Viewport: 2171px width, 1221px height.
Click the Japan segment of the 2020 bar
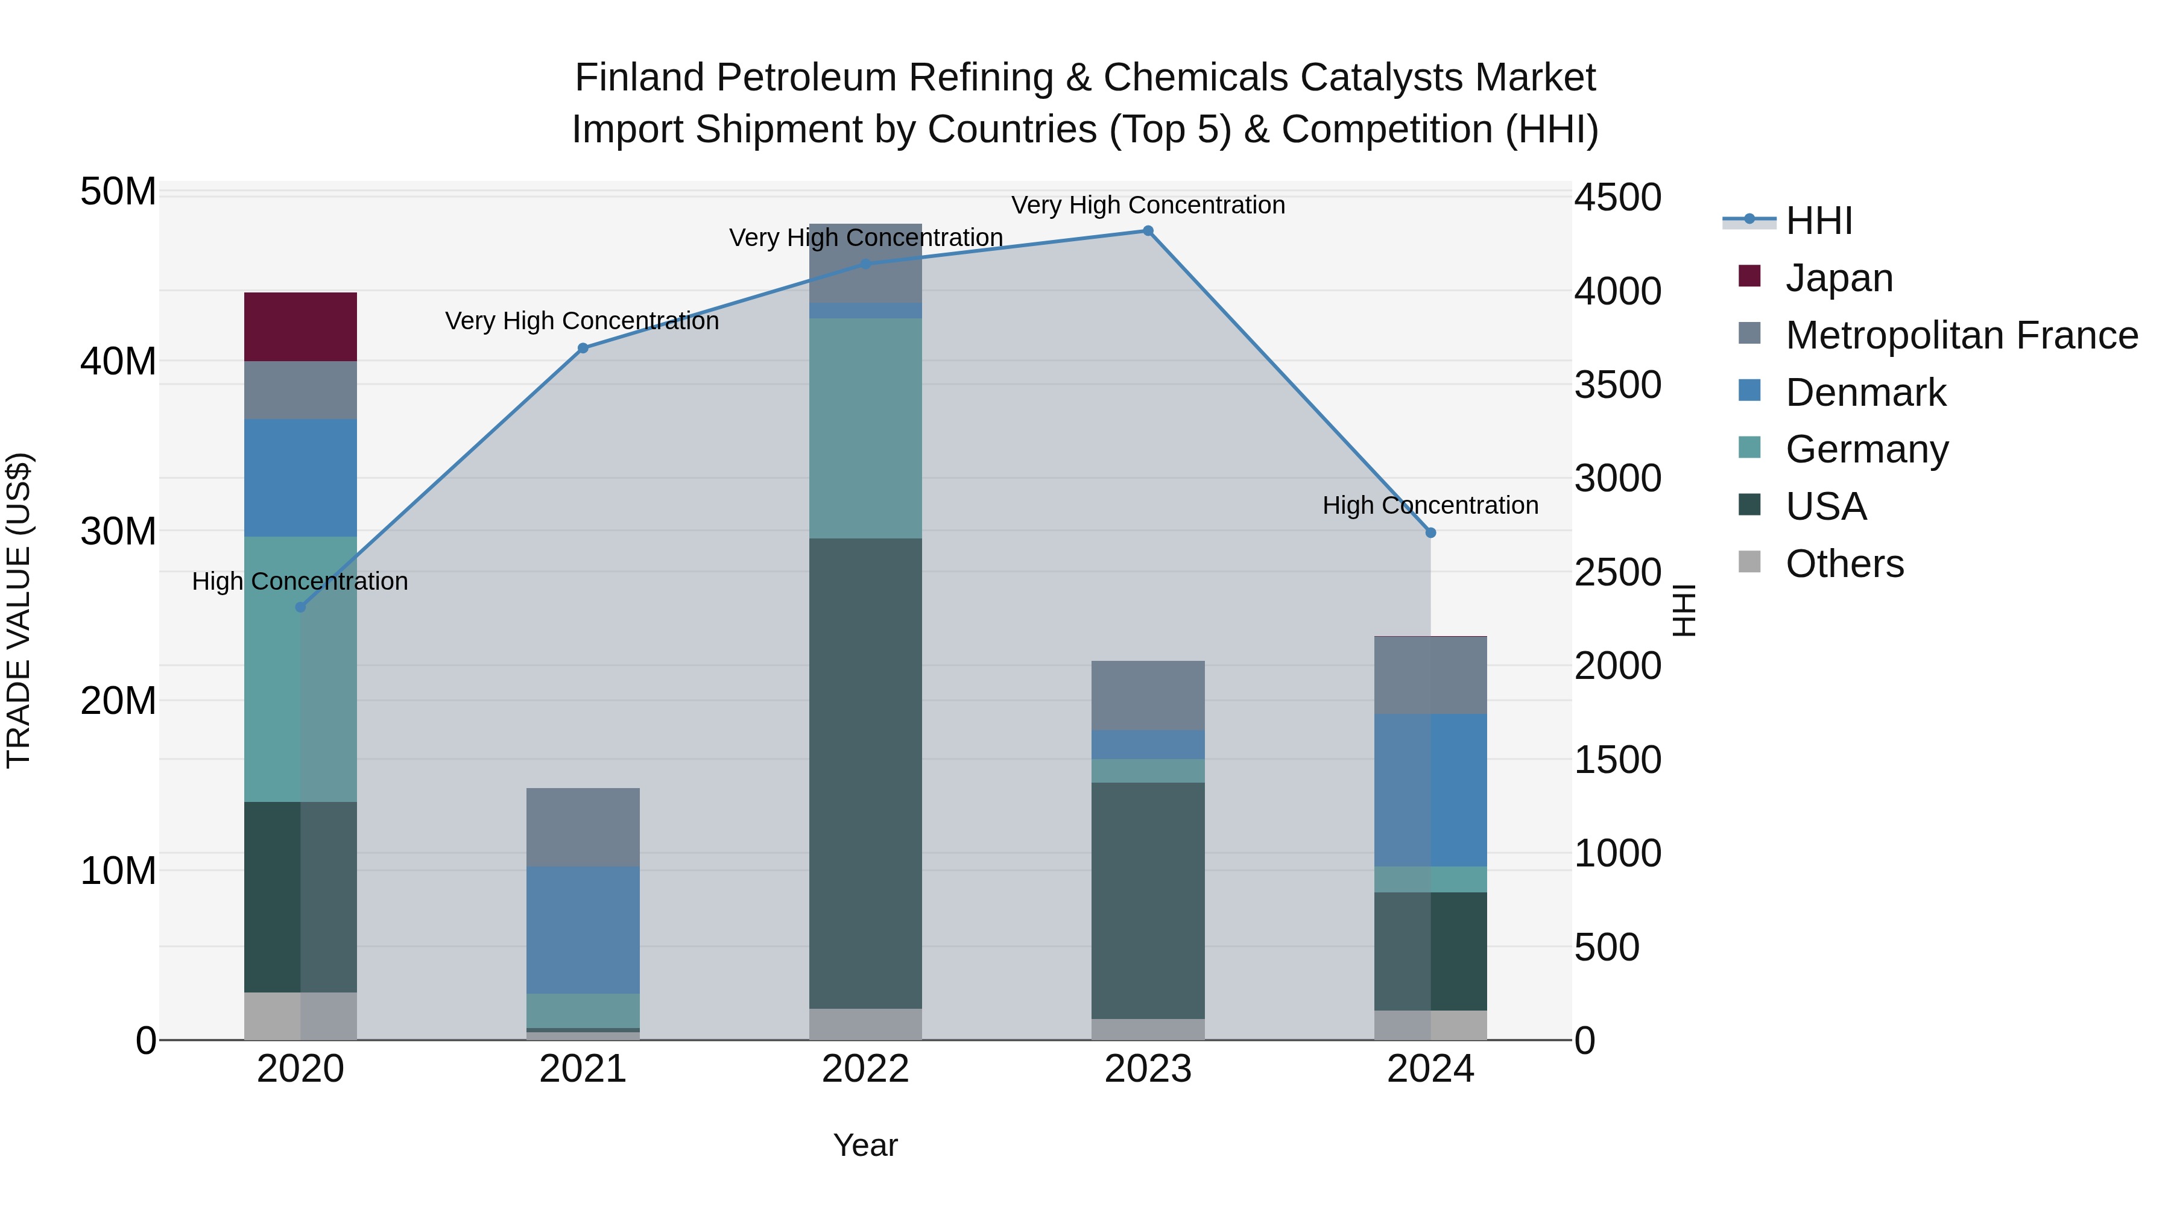pyautogui.click(x=300, y=327)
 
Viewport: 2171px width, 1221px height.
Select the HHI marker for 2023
pyautogui.click(x=1148, y=231)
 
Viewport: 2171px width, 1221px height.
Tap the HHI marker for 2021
pyautogui.click(x=583, y=348)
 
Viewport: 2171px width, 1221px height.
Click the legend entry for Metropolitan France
pyautogui.click(x=1961, y=335)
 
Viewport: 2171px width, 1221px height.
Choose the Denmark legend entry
pyautogui.click(x=1865, y=393)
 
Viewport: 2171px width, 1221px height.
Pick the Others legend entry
pyautogui.click(x=1844, y=564)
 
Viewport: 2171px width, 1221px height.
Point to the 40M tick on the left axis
pyautogui.click(x=118, y=362)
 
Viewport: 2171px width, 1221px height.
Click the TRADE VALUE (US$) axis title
pyautogui.click(x=19, y=610)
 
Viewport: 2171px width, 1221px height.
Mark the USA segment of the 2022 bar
pyautogui.click(x=865, y=773)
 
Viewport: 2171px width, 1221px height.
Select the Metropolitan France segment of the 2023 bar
pyautogui.click(x=1148, y=695)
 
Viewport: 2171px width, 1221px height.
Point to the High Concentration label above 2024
pyautogui.click(x=1430, y=506)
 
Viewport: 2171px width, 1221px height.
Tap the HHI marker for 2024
pyautogui.click(x=1430, y=532)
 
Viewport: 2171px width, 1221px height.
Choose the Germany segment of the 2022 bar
pyautogui.click(x=865, y=428)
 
